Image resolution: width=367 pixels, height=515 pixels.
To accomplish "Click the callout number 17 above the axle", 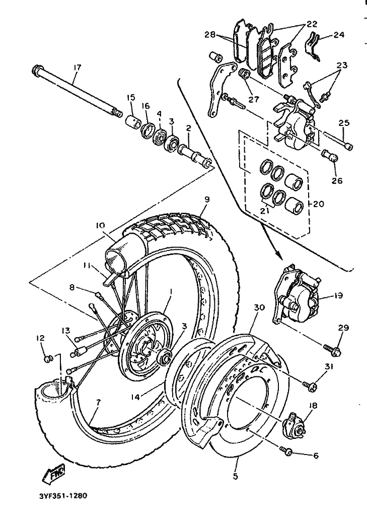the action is (x=77, y=68).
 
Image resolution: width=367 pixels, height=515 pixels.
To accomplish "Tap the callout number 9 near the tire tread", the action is (x=207, y=200).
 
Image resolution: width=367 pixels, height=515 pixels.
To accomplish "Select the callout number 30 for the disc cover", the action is (x=259, y=307).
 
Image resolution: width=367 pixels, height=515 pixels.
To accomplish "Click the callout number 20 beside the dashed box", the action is (x=319, y=204).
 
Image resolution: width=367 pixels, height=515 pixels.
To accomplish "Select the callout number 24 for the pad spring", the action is (x=340, y=34).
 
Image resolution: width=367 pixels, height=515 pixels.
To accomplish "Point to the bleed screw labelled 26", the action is (x=329, y=156).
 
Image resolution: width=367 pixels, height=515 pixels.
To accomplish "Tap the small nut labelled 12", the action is (x=48, y=358).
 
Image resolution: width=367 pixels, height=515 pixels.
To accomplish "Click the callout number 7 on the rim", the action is (x=99, y=402).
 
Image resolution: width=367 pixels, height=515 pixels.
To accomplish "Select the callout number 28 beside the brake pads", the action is (x=210, y=34).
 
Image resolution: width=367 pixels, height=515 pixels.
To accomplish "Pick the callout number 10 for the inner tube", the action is (x=101, y=225).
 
